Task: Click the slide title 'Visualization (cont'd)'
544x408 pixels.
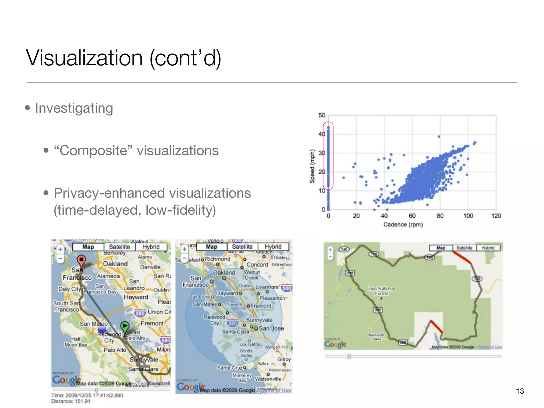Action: (x=124, y=58)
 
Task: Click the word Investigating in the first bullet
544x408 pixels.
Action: (x=74, y=108)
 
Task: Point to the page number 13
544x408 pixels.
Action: (x=520, y=391)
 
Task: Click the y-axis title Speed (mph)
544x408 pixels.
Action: (x=312, y=166)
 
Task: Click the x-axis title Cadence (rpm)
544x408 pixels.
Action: (x=403, y=225)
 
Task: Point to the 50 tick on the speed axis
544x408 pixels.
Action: (x=322, y=115)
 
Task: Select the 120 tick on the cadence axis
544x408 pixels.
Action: (x=496, y=216)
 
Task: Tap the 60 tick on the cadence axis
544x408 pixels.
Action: (x=412, y=216)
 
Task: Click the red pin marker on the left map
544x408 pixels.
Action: (x=81, y=260)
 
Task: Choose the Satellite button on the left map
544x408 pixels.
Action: (x=120, y=247)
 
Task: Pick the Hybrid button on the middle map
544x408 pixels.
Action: (x=273, y=247)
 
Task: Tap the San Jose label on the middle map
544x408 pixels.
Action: (x=271, y=328)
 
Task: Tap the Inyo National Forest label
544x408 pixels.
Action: (x=381, y=291)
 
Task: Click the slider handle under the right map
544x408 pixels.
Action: (x=349, y=356)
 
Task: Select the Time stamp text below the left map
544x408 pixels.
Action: (x=87, y=395)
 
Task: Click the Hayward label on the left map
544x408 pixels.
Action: (x=136, y=297)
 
